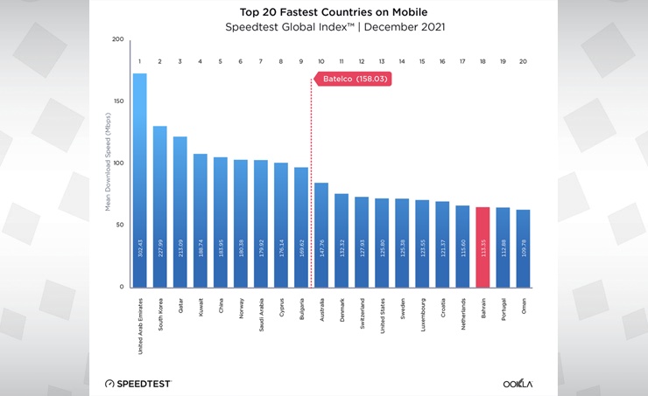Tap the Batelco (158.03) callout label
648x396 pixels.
pos(352,79)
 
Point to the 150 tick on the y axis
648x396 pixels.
pos(118,101)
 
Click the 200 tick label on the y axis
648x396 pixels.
pos(118,39)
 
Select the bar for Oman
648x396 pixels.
pos(523,248)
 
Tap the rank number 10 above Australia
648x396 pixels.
pos(320,61)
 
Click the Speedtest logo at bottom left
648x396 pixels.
pos(137,383)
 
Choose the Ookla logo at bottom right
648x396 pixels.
pos(518,383)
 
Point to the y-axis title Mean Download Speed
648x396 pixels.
pos(109,163)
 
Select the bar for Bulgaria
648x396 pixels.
pos(300,227)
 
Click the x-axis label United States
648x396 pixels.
pos(382,314)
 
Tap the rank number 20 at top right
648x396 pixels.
pos(523,61)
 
